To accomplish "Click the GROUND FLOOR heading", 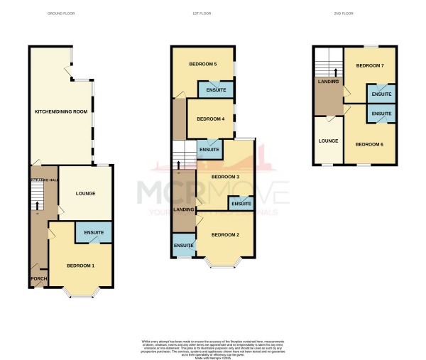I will [x=60, y=13].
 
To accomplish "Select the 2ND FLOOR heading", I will [x=343, y=13].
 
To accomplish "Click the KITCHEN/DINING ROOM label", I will [x=61, y=112].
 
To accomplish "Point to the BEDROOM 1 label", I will [x=81, y=266].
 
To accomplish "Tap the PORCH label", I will [x=38, y=279].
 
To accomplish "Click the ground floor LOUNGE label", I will [x=84, y=193].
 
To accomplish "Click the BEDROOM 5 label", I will [x=202, y=65].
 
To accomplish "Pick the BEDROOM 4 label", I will [x=211, y=119].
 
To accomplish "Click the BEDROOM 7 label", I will [x=370, y=66].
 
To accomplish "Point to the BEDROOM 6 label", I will [x=369, y=144].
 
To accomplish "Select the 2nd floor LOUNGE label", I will [x=328, y=141].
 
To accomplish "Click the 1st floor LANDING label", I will [x=185, y=209].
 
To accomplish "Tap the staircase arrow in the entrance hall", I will [x=37, y=204].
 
